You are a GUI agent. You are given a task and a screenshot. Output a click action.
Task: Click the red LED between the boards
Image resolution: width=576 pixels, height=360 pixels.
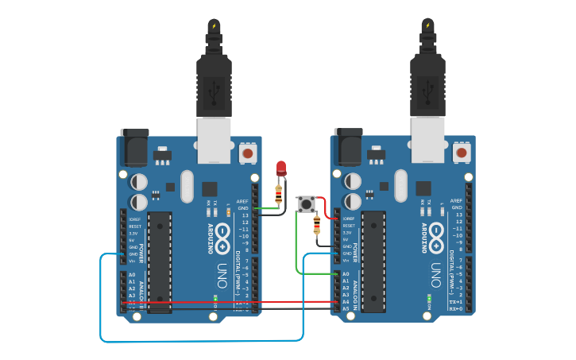tap(280, 168)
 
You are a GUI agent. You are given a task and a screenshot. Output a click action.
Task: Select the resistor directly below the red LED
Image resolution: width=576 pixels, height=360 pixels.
tap(278, 193)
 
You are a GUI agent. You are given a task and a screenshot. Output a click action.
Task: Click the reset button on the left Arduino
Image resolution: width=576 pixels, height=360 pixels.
tap(248, 153)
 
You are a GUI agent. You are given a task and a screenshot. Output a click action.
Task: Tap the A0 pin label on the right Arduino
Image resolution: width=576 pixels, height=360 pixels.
tap(346, 274)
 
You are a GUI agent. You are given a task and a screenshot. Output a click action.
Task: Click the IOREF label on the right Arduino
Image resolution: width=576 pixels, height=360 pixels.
tap(348, 218)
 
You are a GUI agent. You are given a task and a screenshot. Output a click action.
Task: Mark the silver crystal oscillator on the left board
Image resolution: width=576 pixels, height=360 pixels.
tap(187, 187)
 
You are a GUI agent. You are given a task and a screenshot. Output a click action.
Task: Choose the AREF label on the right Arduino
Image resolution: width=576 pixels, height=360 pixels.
tap(456, 201)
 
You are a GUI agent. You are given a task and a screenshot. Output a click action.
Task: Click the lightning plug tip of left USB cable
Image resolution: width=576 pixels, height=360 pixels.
tap(214, 25)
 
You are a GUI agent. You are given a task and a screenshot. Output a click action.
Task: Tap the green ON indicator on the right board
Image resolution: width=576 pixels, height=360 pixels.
tap(429, 300)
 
